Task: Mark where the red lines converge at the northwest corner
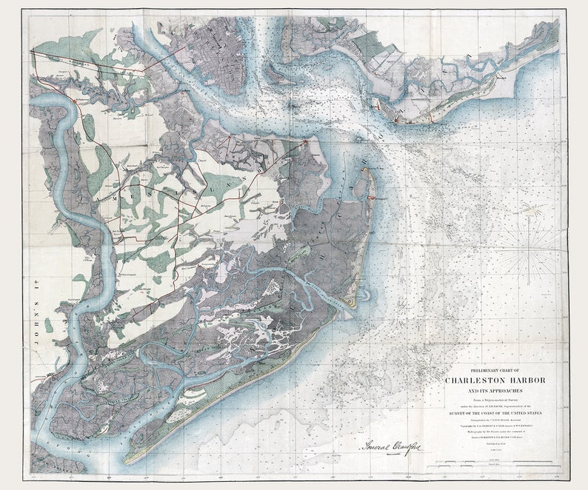pos(32,50)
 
